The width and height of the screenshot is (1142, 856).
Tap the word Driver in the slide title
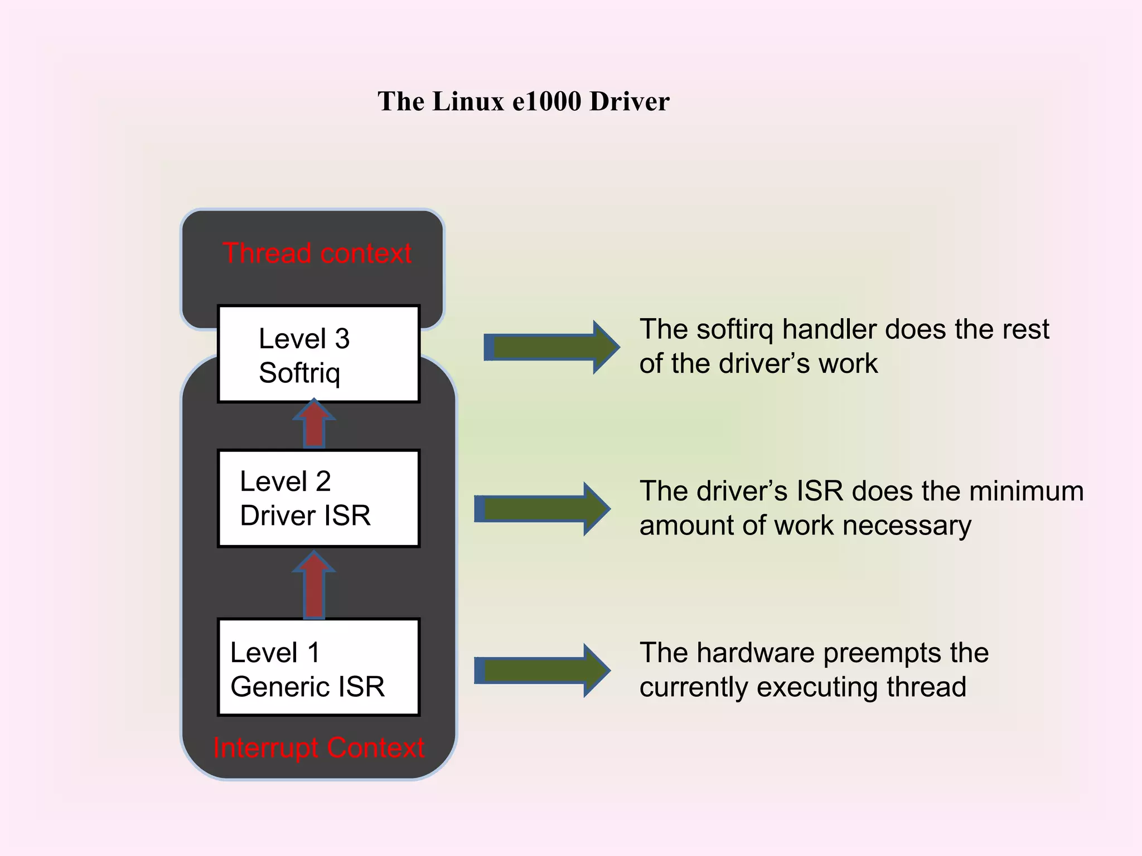[629, 101]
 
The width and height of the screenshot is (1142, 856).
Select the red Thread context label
[317, 254]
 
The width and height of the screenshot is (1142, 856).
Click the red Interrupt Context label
[318, 748]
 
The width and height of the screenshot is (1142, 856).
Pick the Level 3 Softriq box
[318, 354]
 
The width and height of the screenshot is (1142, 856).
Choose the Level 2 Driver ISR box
[318, 499]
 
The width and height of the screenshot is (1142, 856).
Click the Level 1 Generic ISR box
[318, 667]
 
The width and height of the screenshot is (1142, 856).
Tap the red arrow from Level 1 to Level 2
[314, 585]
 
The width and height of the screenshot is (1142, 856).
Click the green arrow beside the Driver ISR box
[541, 509]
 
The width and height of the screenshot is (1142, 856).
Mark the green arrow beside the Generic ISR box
[541, 670]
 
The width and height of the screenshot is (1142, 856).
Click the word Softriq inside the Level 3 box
[299, 373]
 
